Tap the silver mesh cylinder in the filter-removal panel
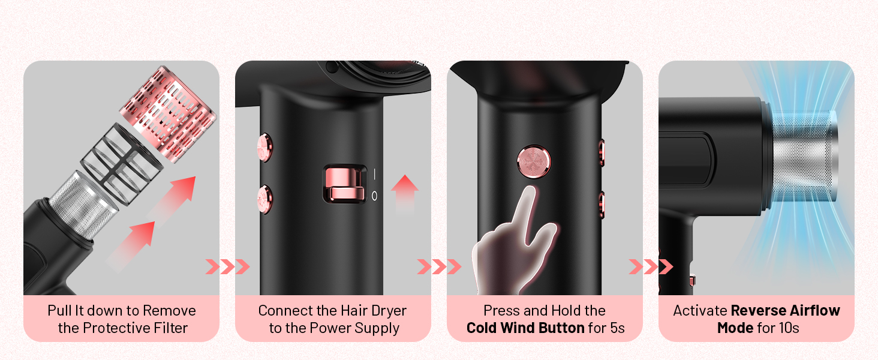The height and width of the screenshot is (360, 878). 83,200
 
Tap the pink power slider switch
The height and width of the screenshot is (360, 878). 344,184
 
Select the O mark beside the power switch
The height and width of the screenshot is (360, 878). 375,196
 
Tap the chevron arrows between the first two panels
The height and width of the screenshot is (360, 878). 227,266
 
